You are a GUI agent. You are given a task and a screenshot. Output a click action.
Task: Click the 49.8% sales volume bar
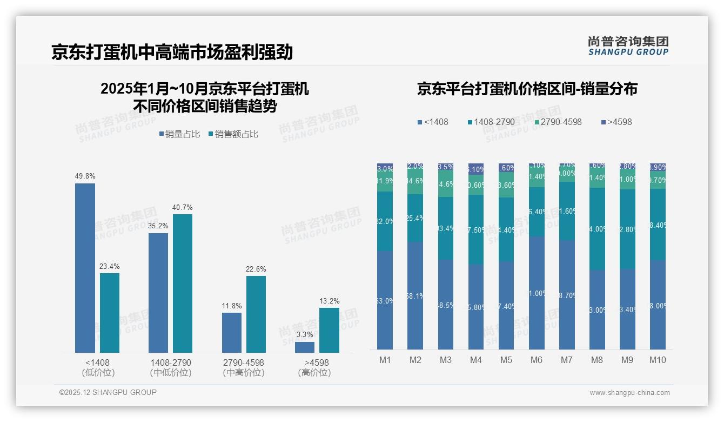click(x=85, y=268)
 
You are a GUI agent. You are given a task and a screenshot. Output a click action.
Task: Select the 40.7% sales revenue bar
click(x=183, y=283)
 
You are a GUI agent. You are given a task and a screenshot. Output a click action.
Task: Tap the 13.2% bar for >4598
click(x=329, y=330)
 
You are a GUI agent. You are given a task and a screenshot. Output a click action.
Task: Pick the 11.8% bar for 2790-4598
click(x=231, y=332)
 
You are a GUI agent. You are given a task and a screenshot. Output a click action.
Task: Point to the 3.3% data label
click(x=305, y=335)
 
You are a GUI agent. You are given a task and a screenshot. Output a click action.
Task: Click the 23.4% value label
click(x=110, y=266)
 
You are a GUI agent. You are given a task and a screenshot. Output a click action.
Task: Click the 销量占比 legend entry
click(x=179, y=134)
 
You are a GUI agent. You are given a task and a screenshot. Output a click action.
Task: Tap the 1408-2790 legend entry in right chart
click(x=491, y=122)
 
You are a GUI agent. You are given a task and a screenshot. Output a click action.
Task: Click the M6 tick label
click(x=536, y=360)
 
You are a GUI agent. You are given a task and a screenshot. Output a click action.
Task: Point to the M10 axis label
click(x=657, y=360)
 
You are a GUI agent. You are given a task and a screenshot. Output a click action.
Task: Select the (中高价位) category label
click(x=244, y=373)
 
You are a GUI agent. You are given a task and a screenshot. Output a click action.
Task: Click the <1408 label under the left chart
click(x=97, y=362)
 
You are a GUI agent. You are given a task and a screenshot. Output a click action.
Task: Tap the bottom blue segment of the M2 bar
click(x=415, y=295)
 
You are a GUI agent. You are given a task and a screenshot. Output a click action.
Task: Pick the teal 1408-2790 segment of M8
click(x=597, y=229)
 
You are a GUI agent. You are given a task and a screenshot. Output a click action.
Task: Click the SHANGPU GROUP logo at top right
click(x=628, y=46)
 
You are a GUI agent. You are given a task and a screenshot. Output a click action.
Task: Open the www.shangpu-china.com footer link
click(x=629, y=393)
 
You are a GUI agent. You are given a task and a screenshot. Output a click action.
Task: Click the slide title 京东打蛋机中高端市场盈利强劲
click(x=172, y=52)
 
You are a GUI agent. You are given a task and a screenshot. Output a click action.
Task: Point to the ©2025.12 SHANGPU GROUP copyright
click(x=108, y=392)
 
